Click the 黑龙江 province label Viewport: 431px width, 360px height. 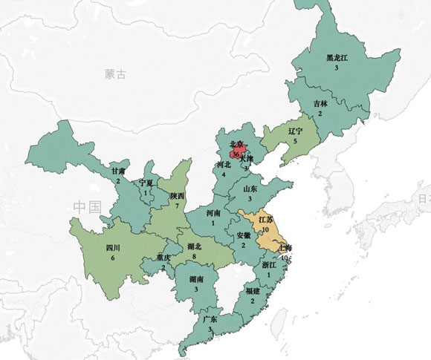pos(337,57)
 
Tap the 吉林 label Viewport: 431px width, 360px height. pos(320,103)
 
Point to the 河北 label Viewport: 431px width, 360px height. pos(224,165)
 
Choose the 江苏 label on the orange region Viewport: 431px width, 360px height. pos(265,220)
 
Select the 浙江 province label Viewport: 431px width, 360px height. pos(269,265)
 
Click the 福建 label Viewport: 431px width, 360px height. pos(252,292)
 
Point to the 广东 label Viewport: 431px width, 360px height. pos(210,319)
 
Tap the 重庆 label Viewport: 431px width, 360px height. pos(163,258)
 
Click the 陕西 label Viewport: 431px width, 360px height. pos(177,196)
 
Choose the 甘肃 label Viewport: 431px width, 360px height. pos(118,171)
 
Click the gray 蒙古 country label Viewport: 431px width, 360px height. pos(115,74)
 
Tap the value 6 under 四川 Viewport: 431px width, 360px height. pos(113,258)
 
